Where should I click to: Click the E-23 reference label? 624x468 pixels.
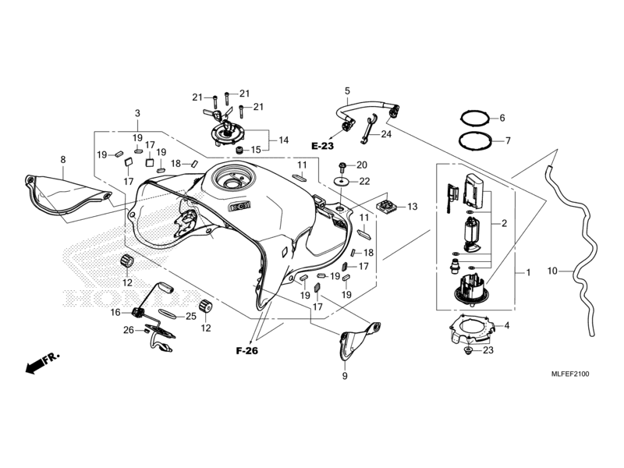(322, 146)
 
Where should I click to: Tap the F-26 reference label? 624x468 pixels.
(246, 350)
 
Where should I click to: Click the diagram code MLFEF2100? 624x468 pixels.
(570, 374)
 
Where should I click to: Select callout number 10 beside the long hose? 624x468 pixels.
(552, 271)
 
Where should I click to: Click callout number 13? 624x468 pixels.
(413, 207)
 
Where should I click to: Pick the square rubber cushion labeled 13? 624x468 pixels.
(386, 207)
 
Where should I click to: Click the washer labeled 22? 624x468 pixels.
(342, 182)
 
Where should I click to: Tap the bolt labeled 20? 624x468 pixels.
(342, 165)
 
